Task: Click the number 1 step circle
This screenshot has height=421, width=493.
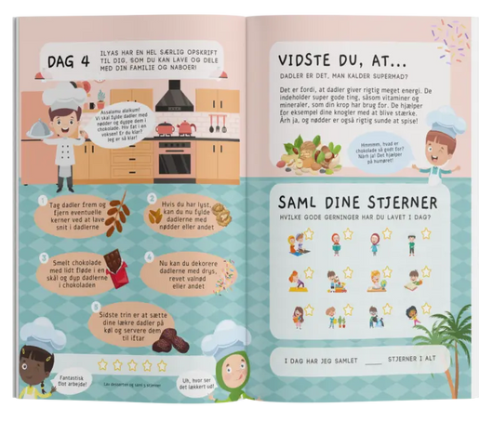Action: pos(43,199)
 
